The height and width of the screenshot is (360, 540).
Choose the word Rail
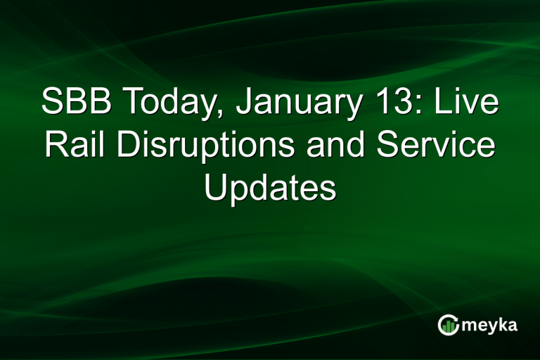tap(74, 146)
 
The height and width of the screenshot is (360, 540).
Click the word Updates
tap(270, 189)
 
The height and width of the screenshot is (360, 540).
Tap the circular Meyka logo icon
tap(448, 324)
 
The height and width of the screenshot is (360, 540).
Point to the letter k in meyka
tap(502, 324)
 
